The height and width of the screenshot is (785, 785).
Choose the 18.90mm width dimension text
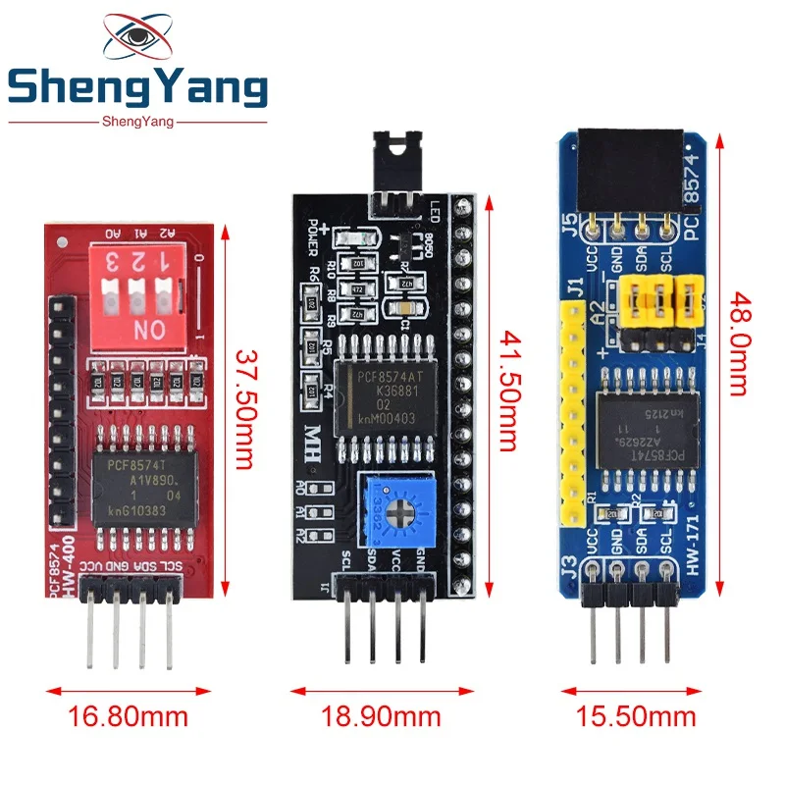click(x=382, y=715)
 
